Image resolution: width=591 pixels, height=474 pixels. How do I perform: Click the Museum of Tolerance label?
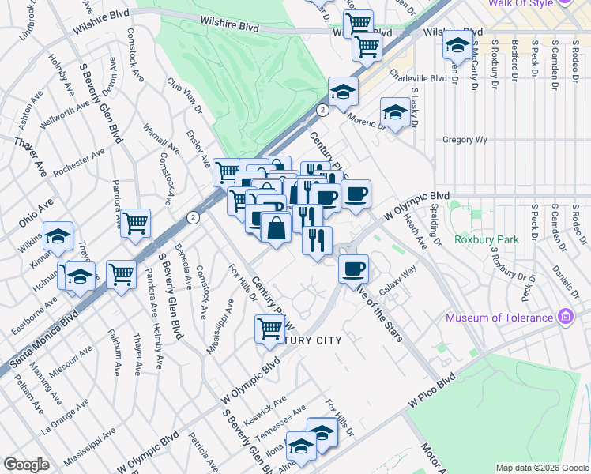click(x=499, y=318)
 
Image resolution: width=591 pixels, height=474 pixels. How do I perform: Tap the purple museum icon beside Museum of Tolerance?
click(x=565, y=318)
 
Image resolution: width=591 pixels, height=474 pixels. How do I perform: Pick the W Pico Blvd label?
click(x=433, y=391)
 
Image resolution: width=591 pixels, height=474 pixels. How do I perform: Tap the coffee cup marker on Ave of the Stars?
click(x=353, y=268)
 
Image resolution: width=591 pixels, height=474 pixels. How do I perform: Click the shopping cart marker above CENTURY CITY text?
click(x=269, y=327)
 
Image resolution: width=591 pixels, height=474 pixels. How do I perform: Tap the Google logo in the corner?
click(x=26, y=465)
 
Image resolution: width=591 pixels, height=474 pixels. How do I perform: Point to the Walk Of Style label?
click(x=520, y=3)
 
